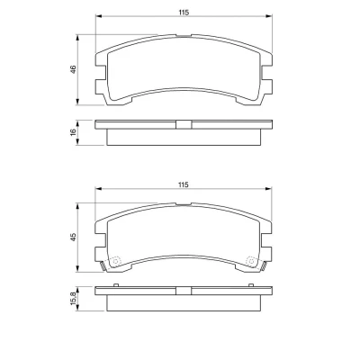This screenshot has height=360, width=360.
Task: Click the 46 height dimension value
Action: (74, 69)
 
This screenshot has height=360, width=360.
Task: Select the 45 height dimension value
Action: (74, 238)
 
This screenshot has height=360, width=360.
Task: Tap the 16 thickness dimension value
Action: (74, 132)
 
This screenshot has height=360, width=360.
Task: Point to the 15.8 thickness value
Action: (74, 299)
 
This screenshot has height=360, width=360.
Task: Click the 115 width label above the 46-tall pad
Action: (184, 13)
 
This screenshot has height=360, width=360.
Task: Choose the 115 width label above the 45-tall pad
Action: (184, 184)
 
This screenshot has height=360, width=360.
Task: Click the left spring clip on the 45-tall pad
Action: (103, 265)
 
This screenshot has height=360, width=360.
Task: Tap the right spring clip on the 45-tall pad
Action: (264, 265)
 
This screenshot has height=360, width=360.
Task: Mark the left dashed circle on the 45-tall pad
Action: (115, 261)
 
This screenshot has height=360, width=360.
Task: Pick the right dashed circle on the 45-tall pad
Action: (251, 261)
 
